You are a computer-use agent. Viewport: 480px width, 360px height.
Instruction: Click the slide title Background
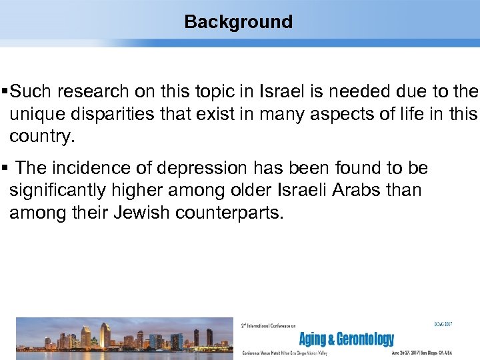238,22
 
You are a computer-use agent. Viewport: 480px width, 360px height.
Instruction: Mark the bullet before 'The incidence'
6,168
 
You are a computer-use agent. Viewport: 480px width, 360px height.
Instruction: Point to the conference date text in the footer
431,353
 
